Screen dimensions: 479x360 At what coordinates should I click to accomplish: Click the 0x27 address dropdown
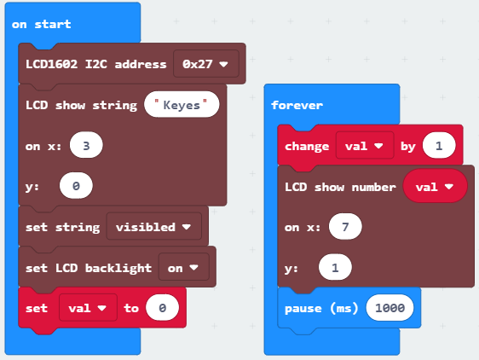coord(206,64)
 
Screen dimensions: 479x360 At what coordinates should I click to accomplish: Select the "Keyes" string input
coord(182,105)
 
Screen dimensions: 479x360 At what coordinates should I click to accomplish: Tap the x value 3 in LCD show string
coord(86,145)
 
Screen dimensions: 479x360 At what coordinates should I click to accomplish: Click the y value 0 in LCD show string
coord(76,186)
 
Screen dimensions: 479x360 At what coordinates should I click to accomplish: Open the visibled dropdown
coord(154,227)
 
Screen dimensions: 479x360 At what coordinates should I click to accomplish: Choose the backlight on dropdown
coord(183,268)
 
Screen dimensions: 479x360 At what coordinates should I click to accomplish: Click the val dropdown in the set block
coord(88,308)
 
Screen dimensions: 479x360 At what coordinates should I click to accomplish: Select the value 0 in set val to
coord(162,308)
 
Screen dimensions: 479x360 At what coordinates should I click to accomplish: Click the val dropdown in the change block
coord(365,146)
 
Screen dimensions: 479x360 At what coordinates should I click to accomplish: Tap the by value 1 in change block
coord(439,146)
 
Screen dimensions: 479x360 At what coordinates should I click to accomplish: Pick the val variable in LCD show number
coord(435,186)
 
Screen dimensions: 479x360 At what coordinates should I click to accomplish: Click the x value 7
coord(345,227)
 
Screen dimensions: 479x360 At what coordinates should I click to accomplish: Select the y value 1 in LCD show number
coord(335,268)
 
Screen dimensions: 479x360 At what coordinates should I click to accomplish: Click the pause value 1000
coord(390,308)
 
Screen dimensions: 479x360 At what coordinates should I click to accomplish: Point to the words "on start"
coord(41,24)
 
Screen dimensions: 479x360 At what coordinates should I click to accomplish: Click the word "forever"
coord(297,105)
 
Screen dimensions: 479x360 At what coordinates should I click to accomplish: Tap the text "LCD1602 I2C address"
coord(96,64)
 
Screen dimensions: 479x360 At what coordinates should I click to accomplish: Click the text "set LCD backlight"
coord(89,268)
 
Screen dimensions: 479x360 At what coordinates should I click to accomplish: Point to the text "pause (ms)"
coord(321,308)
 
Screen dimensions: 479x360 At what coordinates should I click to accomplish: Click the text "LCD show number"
coord(340,187)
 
